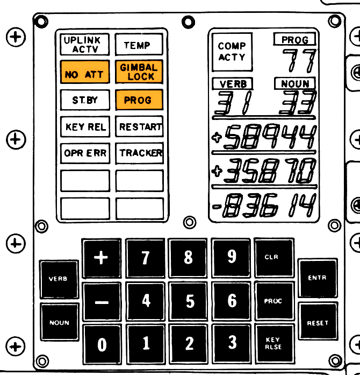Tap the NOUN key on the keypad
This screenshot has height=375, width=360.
[x=59, y=323]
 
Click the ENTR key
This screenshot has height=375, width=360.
[x=318, y=278]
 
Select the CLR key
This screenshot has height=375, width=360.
[x=272, y=257]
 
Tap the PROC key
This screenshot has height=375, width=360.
[x=272, y=301]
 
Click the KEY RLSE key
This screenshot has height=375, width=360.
[x=272, y=343]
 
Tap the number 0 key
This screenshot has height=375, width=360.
[x=102, y=344]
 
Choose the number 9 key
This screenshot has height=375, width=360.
[x=232, y=257]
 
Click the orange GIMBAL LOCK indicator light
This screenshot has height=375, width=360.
[x=139, y=72]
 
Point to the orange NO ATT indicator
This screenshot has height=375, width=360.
[x=84, y=74]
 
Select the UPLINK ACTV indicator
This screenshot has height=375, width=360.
[x=84, y=45]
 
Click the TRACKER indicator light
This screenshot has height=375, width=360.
[x=140, y=153]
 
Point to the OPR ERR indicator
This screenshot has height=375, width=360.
[x=85, y=153]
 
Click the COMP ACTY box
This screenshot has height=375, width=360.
[x=232, y=52]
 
